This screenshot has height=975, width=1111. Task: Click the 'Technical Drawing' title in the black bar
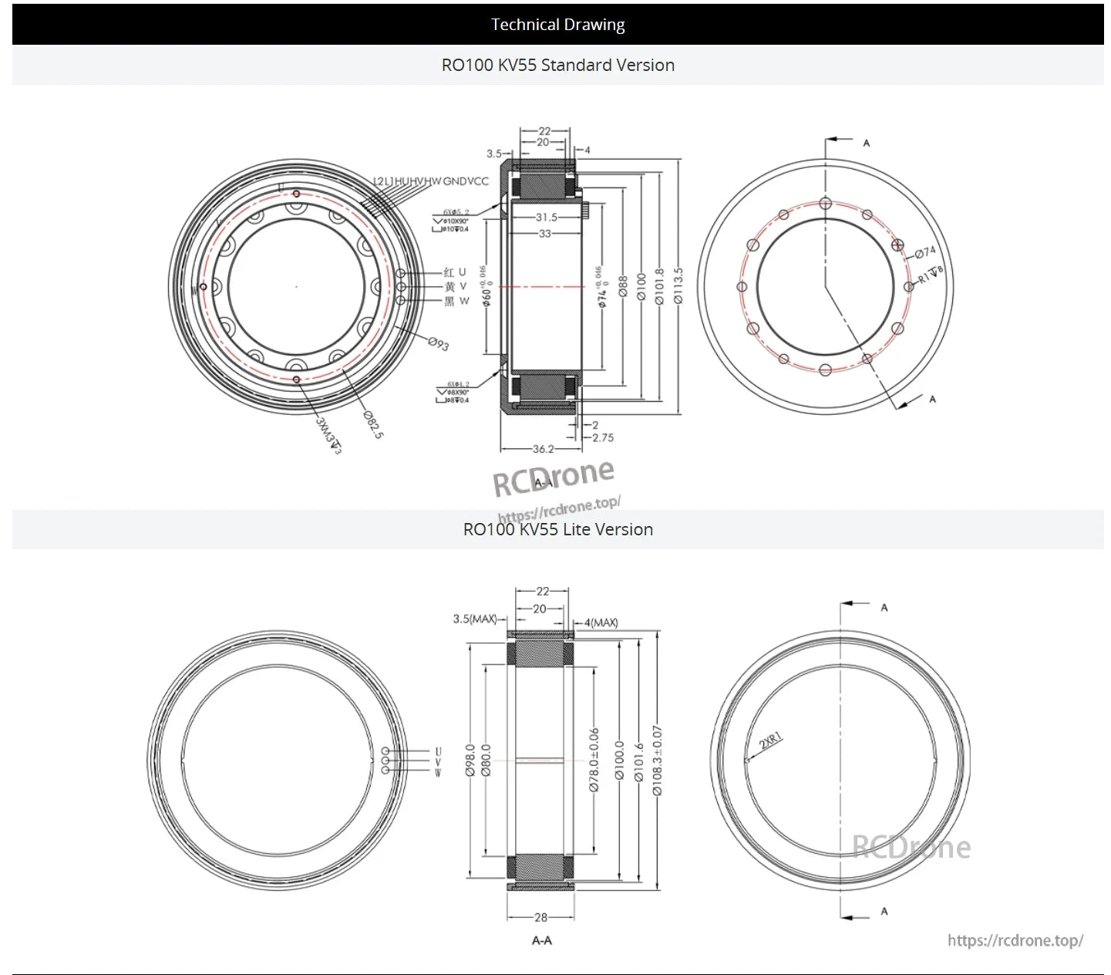click(x=557, y=25)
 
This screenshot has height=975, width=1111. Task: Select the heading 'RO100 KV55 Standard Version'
click(x=557, y=66)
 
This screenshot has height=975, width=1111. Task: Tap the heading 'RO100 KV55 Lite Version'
click(x=557, y=530)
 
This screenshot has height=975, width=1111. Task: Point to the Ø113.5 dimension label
click(x=678, y=285)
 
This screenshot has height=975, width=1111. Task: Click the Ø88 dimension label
click(x=623, y=285)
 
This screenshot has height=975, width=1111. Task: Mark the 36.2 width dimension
click(x=543, y=449)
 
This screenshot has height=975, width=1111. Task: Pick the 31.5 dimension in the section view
click(x=547, y=218)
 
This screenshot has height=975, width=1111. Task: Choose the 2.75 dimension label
click(x=603, y=437)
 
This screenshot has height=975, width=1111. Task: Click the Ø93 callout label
click(x=438, y=344)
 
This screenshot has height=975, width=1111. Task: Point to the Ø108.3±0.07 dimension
click(x=657, y=760)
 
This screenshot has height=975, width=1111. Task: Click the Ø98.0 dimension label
click(x=470, y=760)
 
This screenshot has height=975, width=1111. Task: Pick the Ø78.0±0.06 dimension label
click(x=594, y=760)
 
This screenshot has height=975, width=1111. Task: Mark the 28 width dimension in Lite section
click(x=540, y=917)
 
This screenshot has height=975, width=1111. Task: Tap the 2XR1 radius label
click(x=770, y=741)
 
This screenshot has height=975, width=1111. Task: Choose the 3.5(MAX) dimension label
click(x=474, y=619)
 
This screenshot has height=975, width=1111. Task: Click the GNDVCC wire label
click(x=466, y=181)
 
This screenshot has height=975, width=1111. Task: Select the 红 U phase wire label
click(x=455, y=272)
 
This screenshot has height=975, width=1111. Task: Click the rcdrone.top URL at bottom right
click(x=1015, y=940)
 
